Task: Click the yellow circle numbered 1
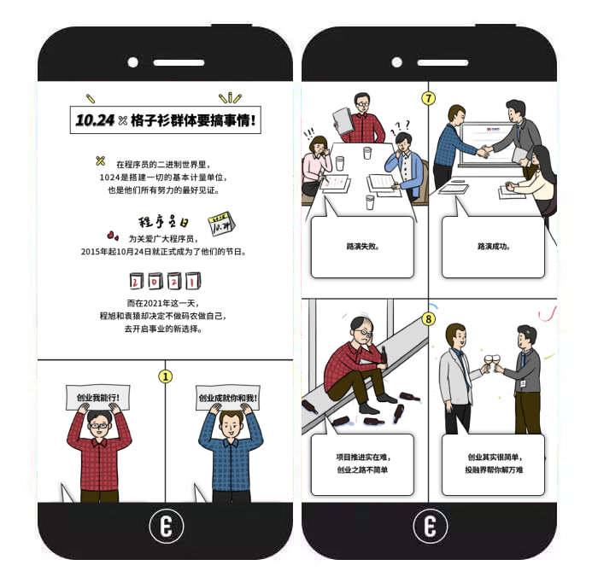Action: coord(165,376)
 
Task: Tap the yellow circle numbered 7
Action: coord(428,98)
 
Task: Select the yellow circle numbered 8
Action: coord(428,318)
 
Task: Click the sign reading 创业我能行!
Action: coord(98,398)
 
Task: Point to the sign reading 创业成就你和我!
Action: coord(228,398)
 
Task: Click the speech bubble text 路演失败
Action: coord(363,246)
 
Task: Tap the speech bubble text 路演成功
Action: coord(494,246)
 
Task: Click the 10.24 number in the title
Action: coord(95,120)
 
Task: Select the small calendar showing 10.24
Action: coord(221,224)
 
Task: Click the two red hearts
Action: coord(113,236)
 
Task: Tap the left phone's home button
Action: coord(167,527)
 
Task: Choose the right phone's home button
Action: coord(431,527)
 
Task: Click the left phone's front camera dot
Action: coord(132,62)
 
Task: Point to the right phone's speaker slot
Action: coord(443,62)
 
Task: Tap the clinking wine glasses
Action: coord(492,361)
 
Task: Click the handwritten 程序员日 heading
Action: coord(163,221)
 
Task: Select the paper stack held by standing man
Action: coord(343,121)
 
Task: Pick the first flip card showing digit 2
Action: coord(136,281)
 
